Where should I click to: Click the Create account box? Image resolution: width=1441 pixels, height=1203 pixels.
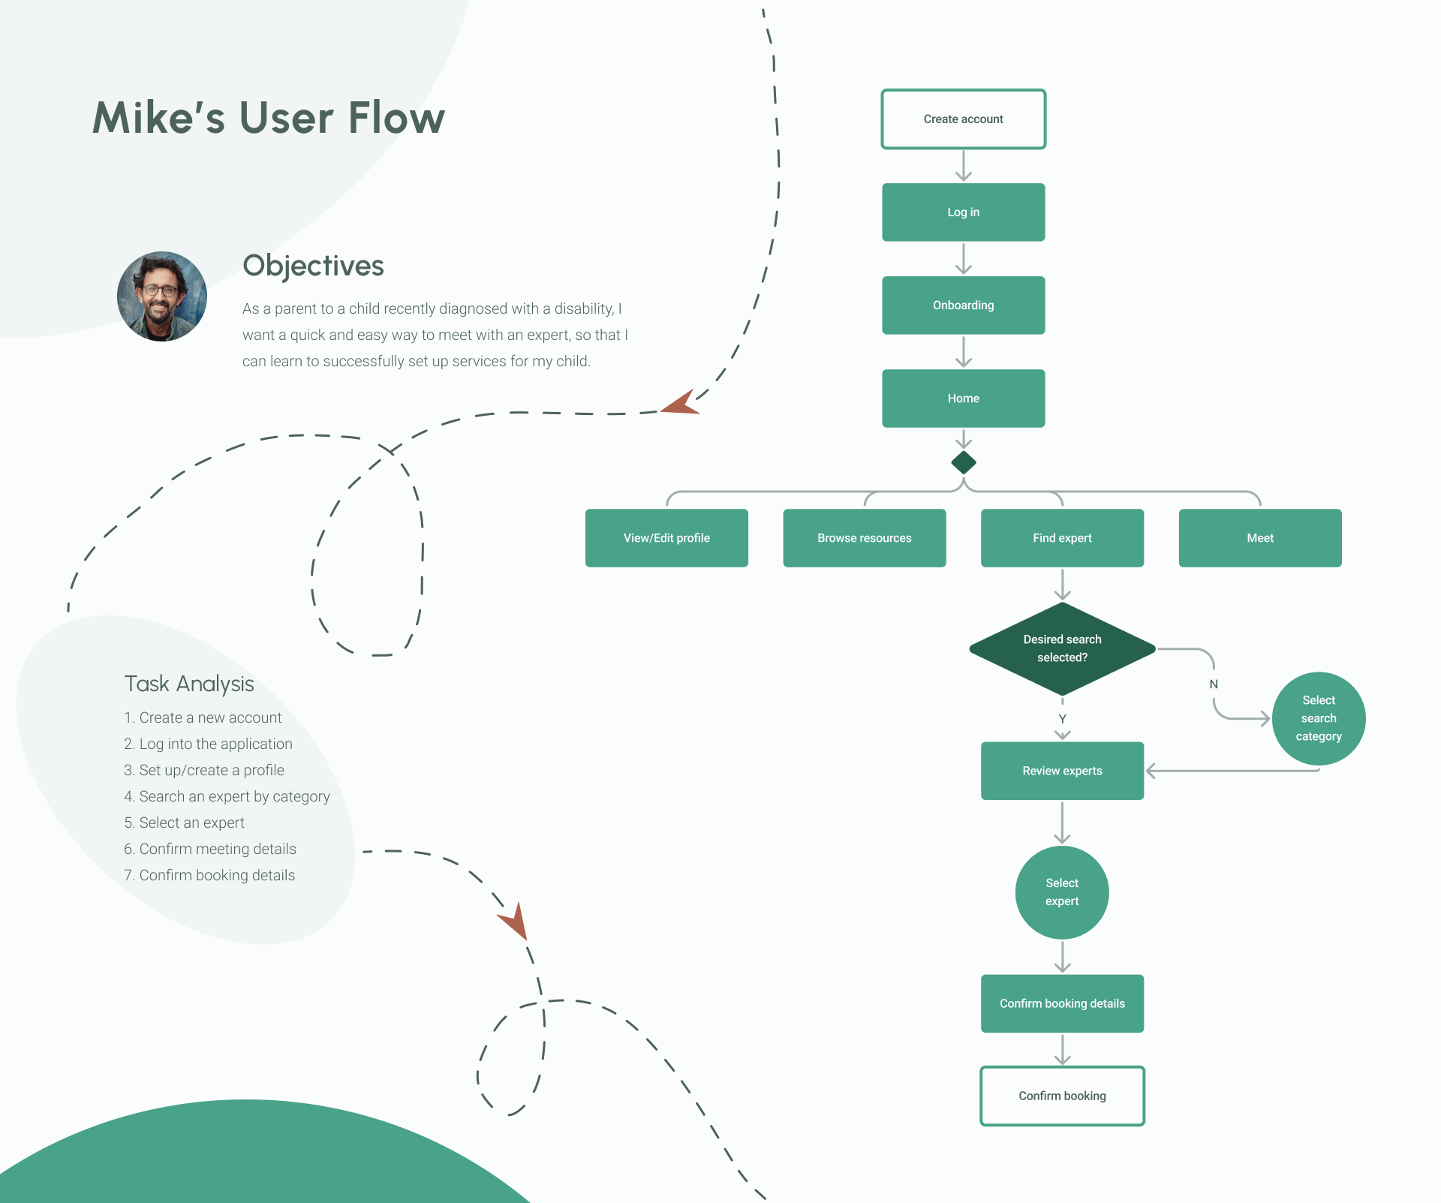click(x=963, y=119)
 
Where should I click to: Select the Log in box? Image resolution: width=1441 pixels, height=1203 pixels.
click(x=963, y=212)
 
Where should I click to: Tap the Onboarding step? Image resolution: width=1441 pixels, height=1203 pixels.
click(x=963, y=305)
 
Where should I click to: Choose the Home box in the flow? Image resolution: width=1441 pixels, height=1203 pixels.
click(x=963, y=398)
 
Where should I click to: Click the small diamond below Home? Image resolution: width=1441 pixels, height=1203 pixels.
click(x=964, y=462)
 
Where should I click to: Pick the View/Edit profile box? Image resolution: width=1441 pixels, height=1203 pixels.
click(x=666, y=538)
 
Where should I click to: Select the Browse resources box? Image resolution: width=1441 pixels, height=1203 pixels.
click(x=864, y=538)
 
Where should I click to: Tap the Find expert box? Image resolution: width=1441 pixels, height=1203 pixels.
click(x=1062, y=538)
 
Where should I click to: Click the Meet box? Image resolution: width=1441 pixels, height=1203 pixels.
click(x=1260, y=538)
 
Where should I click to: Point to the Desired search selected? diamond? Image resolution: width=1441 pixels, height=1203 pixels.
click(x=1062, y=648)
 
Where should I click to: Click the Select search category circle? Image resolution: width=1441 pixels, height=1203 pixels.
click(x=1319, y=718)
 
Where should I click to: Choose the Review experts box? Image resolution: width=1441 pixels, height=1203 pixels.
click(x=1062, y=771)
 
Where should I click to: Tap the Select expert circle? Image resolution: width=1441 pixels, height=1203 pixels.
click(x=1062, y=892)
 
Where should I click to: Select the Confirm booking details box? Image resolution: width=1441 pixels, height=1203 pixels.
click(x=1062, y=1003)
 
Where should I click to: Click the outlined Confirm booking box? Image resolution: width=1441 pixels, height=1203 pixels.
click(x=1062, y=1096)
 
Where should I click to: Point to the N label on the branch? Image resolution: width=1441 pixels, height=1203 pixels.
click(x=1214, y=684)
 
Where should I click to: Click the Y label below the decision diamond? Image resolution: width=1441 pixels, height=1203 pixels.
click(x=1062, y=719)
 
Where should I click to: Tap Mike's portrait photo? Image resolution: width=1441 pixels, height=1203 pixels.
click(x=162, y=296)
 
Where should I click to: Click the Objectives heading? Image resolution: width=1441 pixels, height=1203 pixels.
click(x=313, y=266)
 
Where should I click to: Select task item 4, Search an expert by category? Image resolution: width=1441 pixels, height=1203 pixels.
click(x=227, y=796)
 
